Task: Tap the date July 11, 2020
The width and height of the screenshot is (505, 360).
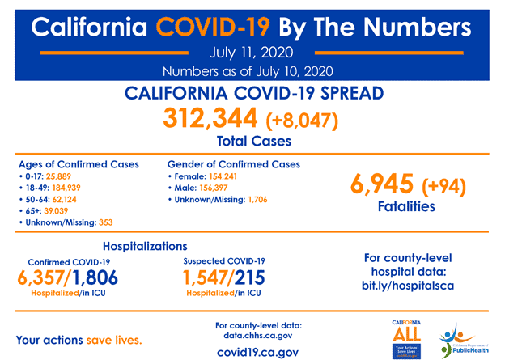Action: (x=252, y=55)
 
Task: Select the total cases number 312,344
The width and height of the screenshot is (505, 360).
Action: (x=210, y=119)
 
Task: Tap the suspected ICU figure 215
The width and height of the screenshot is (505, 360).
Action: (x=245, y=279)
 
